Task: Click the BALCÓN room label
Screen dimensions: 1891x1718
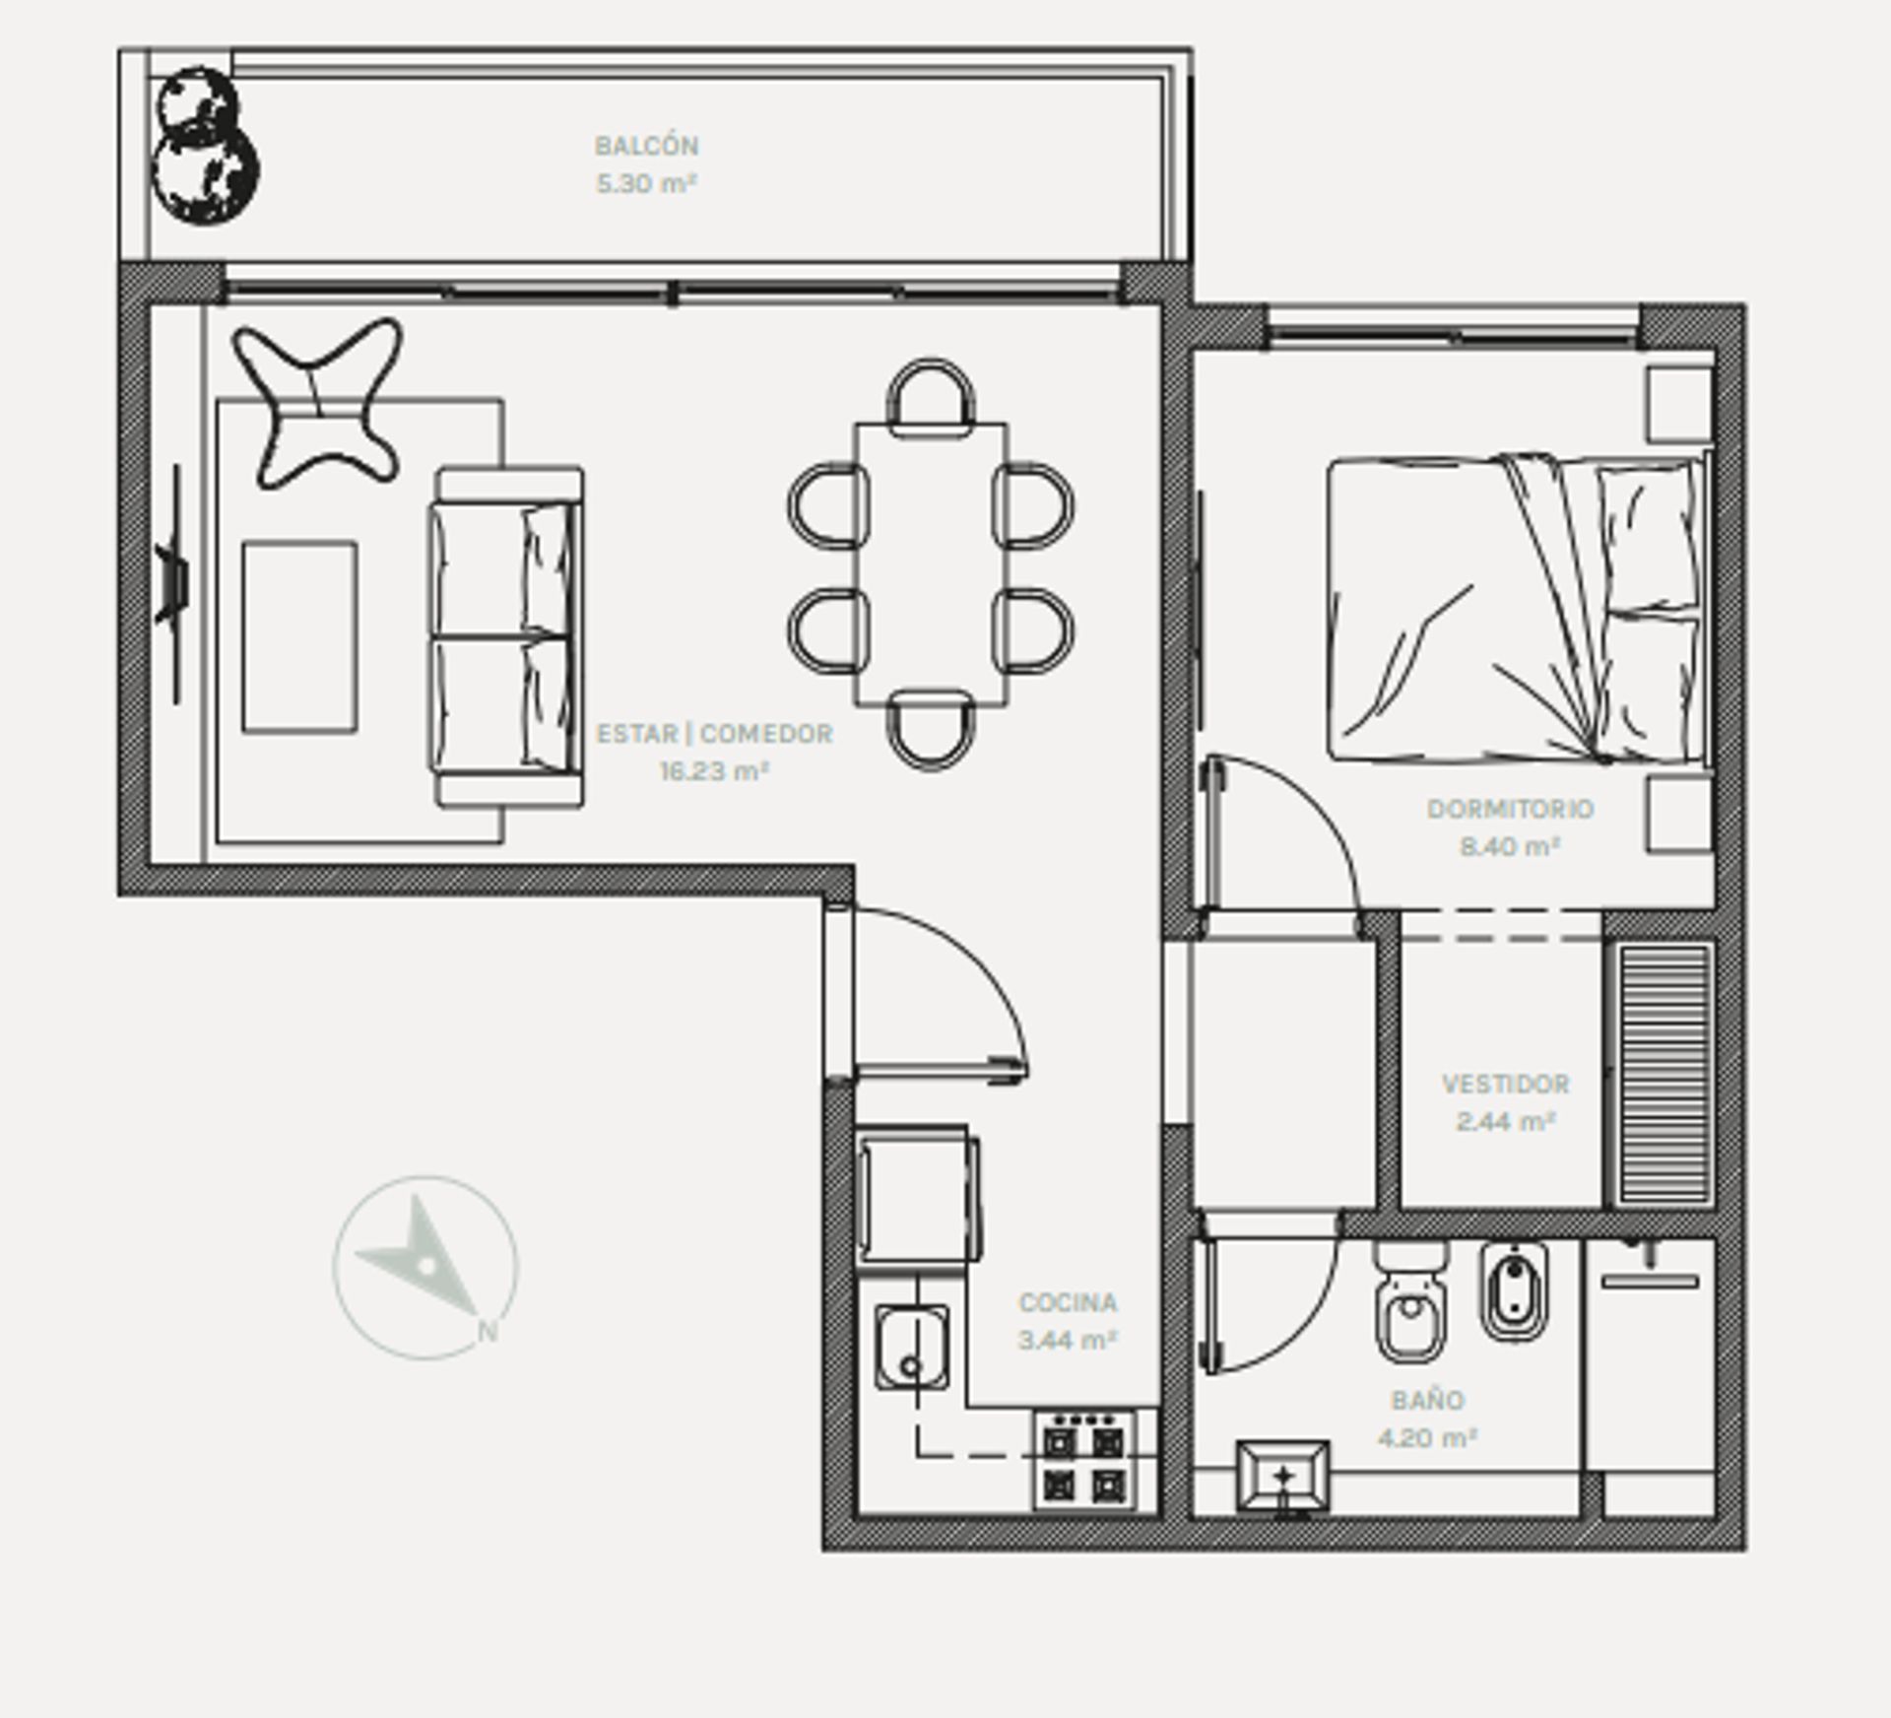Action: pos(646,146)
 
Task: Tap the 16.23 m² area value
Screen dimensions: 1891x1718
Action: pos(714,770)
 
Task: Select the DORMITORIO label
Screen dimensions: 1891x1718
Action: pos(1510,809)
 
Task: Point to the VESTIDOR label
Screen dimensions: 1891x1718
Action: pos(1506,1084)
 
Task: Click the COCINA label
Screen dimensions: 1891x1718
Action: pos(1068,1302)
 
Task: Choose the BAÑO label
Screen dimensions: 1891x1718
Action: pos(1427,1399)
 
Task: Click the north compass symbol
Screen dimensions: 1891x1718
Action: pos(425,1268)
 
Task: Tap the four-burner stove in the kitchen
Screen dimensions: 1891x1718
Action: pos(1084,1460)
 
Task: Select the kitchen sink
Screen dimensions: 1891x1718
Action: pos(912,1348)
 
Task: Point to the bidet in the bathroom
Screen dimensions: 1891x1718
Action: pos(1515,1291)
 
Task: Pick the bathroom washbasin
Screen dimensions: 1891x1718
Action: pos(1282,1476)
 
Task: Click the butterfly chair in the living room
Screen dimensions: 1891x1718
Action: pos(317,403)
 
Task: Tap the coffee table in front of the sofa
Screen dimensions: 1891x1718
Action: pos(299,636)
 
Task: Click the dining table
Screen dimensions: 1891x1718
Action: pos(931,564)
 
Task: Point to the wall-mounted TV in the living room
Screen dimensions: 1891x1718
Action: pos(172,585)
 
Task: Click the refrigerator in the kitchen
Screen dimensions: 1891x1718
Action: pos(917,1195)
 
